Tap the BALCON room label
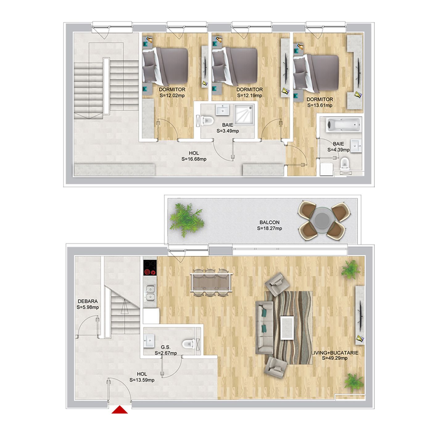(x=270, y=222)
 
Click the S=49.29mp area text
(x=335, y=358)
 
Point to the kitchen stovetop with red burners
(x=150, y=268)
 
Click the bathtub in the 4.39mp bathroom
(x=343, y=125)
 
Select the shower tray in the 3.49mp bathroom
(x=244, y=114)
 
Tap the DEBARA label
(x=88, y=301)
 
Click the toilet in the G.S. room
(x=189, y=344)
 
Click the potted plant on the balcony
(x=187, y=220)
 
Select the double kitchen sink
(x=150, y=293)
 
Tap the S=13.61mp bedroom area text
(x=320, y=105)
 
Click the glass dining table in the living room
(x=211, y=283)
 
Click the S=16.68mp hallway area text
(x=194, y=159)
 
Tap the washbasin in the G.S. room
(x=149, y=341)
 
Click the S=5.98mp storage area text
(x=88, y=308)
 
